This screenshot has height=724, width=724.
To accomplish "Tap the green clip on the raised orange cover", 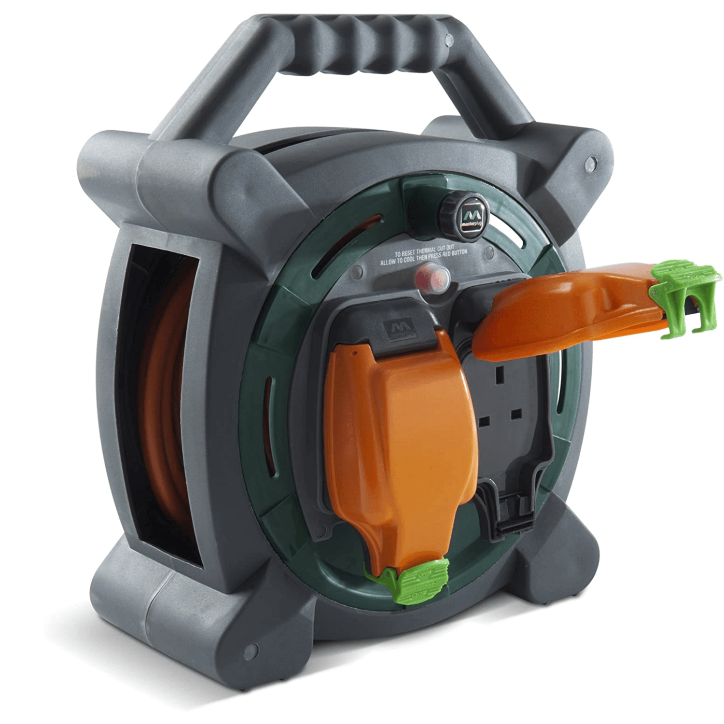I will pos(685,294).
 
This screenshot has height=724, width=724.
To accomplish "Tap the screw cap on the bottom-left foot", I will pos(250,652).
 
